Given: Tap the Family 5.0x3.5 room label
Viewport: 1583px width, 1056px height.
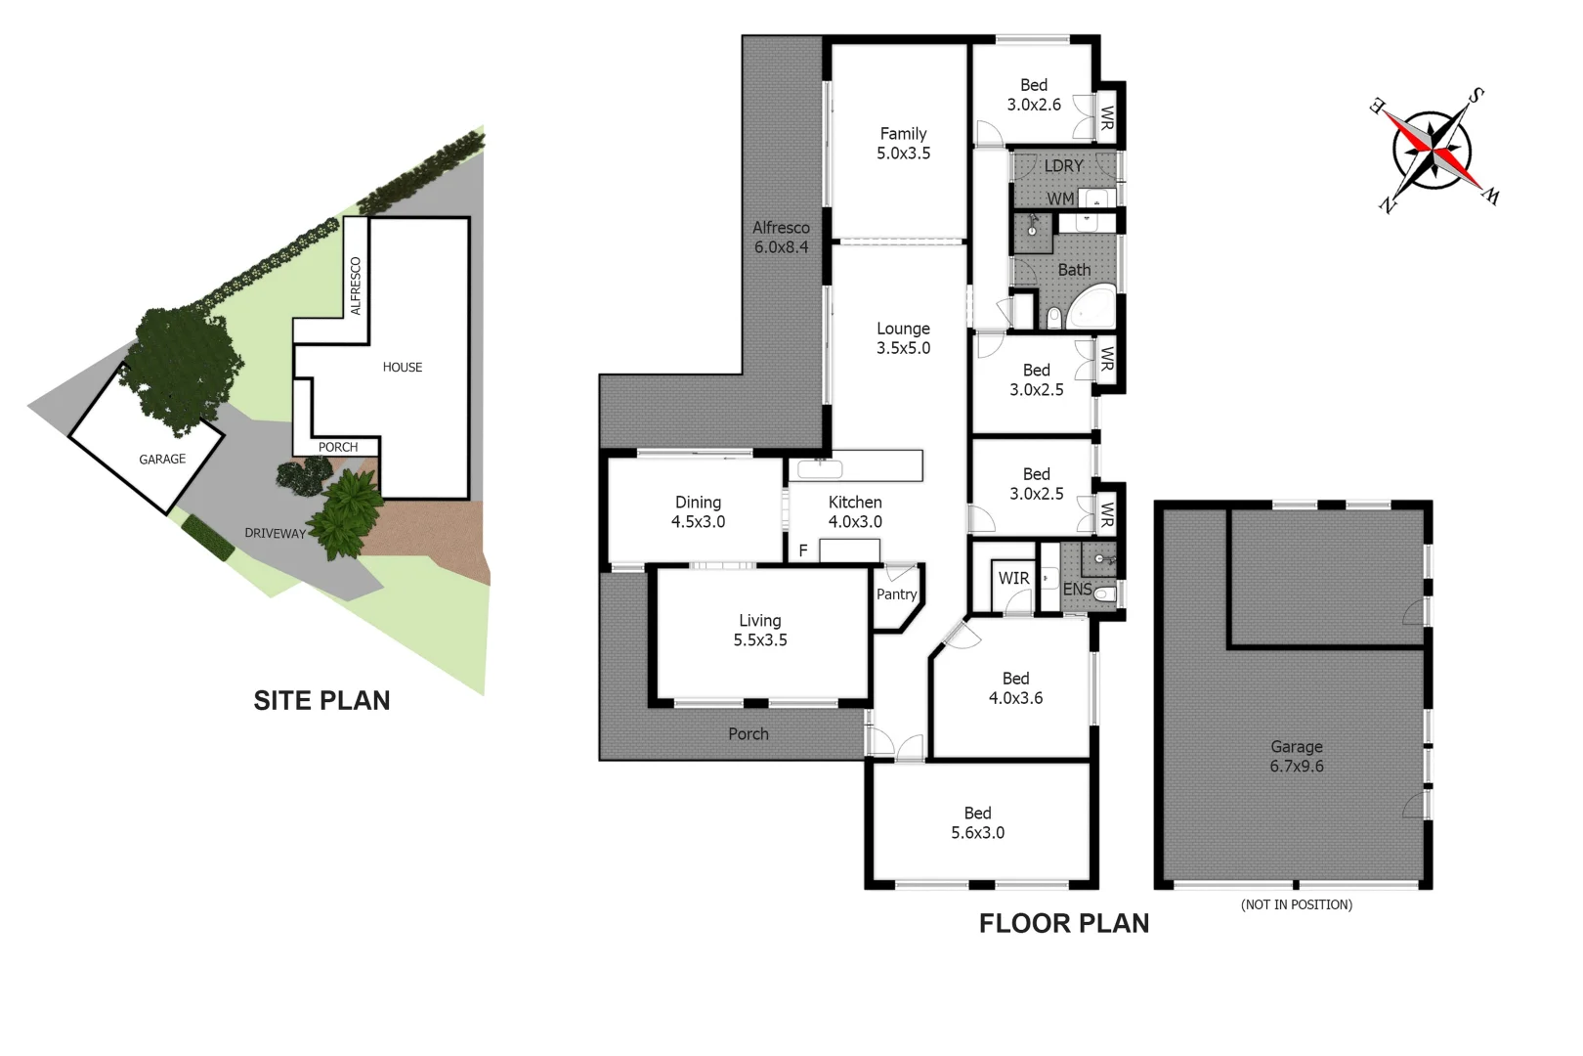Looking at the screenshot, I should (x=903, y=144).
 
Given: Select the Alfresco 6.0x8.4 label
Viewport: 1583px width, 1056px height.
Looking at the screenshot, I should (x=781, y=238).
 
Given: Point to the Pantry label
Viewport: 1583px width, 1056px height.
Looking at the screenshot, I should (x=896, y=594).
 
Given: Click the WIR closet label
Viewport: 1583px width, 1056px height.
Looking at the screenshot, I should (x=1013, y=579).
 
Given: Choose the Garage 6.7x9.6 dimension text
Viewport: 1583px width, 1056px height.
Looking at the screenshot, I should (x=1297, y=757).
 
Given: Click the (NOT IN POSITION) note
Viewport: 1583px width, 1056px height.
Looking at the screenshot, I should (x=1297, y=905).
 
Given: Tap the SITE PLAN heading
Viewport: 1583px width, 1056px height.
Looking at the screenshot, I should (x=321, y=701).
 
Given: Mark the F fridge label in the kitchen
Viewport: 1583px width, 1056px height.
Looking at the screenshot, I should (x=803, y=551).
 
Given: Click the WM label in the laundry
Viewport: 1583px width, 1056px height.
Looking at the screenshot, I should (x=1060, y=199).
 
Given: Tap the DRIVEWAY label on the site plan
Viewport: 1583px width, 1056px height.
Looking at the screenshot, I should (x=275, y=534).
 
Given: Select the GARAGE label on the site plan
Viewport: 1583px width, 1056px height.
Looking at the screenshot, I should (x=162, y=460).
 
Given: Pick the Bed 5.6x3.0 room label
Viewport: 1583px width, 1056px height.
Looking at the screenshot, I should (x=977, y=823).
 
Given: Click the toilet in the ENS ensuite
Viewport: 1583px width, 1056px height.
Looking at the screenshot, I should (x=1105, y=594).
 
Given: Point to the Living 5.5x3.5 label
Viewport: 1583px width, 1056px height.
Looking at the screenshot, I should (x=760, y=631).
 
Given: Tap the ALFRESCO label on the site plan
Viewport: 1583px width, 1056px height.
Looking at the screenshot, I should (x=356, y=286).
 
